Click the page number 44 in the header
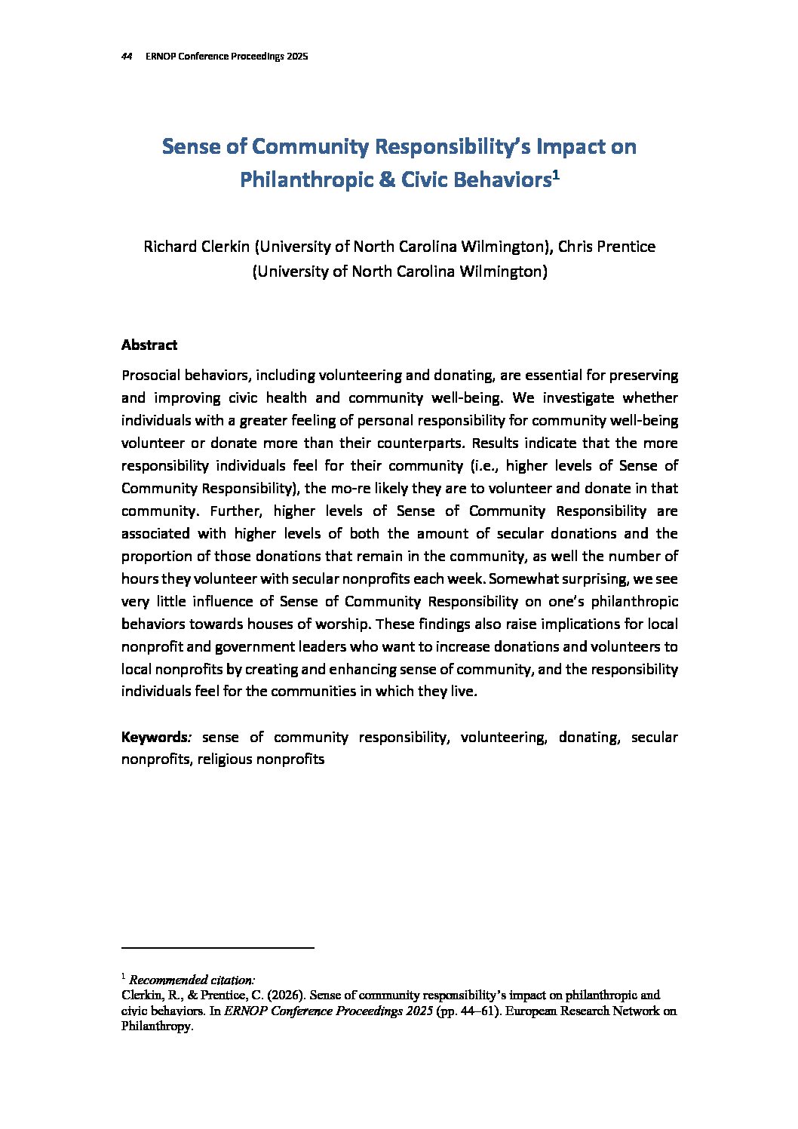(x=127, y=57)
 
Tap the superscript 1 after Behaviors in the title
(x=555, y=174)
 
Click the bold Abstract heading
(x=149, y=345)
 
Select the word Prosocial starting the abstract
(x=151, y=376)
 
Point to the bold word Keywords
(x=154, y=738)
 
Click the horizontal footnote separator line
(x=217, y=947)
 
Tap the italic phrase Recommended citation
(x=192, y=980)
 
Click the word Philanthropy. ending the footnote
(x=158, y=1027)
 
